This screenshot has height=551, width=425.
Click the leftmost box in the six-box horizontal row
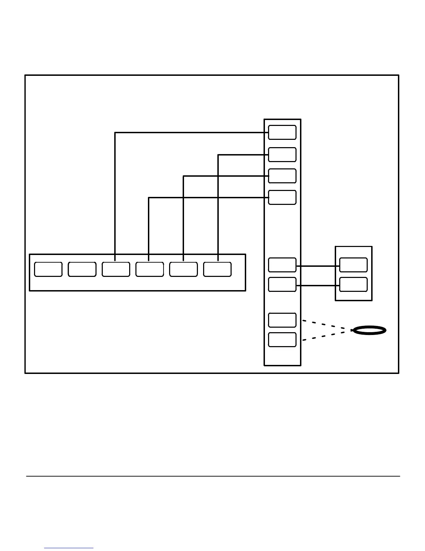[x=48, y=270]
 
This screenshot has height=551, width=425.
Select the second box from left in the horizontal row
[x=82, y=270]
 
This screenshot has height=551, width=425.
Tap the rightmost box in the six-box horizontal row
[x=217, y=270]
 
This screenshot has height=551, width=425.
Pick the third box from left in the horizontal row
[x=116, y=270]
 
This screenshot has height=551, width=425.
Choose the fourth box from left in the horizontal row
[x=150, y=270]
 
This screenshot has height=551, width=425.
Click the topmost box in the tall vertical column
[x=282, y=133]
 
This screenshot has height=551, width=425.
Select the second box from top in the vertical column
[x=282, y=155]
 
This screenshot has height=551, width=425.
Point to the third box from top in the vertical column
[x=282, y=176]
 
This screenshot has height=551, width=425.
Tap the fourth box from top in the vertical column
[x=282, y=198]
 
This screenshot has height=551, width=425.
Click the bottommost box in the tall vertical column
[x=282, y=340]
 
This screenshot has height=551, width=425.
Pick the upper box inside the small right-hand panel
[x=353, y=265]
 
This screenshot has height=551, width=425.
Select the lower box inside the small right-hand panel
[x=353, y=285]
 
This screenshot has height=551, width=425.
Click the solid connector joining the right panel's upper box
[x=318, y=266]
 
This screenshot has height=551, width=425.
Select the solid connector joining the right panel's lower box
[x=318, y=286]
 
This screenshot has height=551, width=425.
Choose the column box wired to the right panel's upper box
[x=282, y=265]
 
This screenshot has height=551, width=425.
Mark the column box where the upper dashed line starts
[x=282, y=320]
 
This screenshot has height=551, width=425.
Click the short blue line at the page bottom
[x=69, y=548]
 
